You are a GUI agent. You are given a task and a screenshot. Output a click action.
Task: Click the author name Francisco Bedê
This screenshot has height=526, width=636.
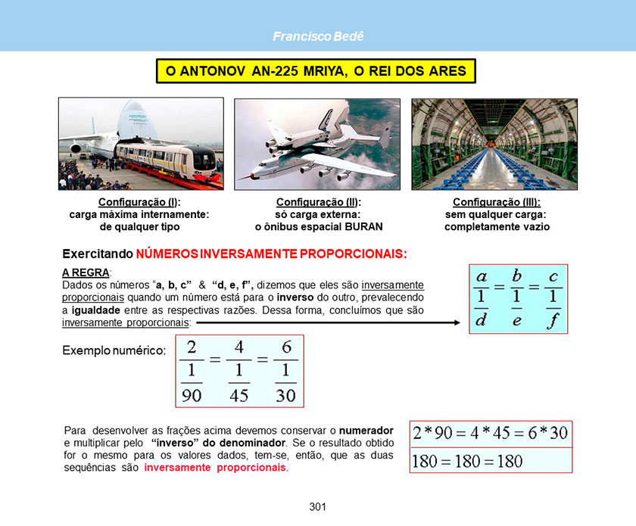pos(319,36)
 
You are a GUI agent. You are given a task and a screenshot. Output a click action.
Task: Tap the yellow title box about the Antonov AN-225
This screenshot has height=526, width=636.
pos(316,71)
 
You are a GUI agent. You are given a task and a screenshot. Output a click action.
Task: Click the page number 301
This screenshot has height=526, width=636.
pos(317,506)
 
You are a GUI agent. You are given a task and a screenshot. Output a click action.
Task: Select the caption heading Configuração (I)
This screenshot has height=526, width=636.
pos(139,202)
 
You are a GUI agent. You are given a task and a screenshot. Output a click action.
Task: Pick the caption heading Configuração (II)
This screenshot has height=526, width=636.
pos(319,202)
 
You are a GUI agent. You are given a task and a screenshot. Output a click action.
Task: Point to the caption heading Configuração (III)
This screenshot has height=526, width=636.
pos(497,202)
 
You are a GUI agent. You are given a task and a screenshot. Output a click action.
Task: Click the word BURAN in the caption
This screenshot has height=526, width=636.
pos(363,227)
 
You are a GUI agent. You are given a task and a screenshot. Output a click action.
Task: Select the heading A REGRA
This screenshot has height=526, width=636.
pos(86,272)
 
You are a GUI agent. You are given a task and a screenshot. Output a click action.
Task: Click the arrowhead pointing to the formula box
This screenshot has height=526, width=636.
pos(457,323)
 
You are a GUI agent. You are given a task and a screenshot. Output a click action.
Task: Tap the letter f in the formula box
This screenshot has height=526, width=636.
pos(553,322)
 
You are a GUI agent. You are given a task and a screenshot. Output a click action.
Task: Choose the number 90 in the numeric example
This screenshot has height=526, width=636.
pos(192,395)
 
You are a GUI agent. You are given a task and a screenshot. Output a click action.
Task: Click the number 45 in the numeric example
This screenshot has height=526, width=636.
pos(239,395)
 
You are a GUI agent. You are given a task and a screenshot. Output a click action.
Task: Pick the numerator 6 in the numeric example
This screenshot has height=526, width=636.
pos(286,347)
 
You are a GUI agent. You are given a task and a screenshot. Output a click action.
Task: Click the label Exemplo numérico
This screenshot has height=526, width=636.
pos(114,350)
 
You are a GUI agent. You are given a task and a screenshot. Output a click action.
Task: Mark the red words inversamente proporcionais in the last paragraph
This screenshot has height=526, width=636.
pos(215,467)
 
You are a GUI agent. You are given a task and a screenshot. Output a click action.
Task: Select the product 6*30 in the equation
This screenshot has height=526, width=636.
pos(547,433)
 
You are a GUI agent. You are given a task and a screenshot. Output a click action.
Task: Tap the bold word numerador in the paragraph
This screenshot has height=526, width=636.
pos(366,431)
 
